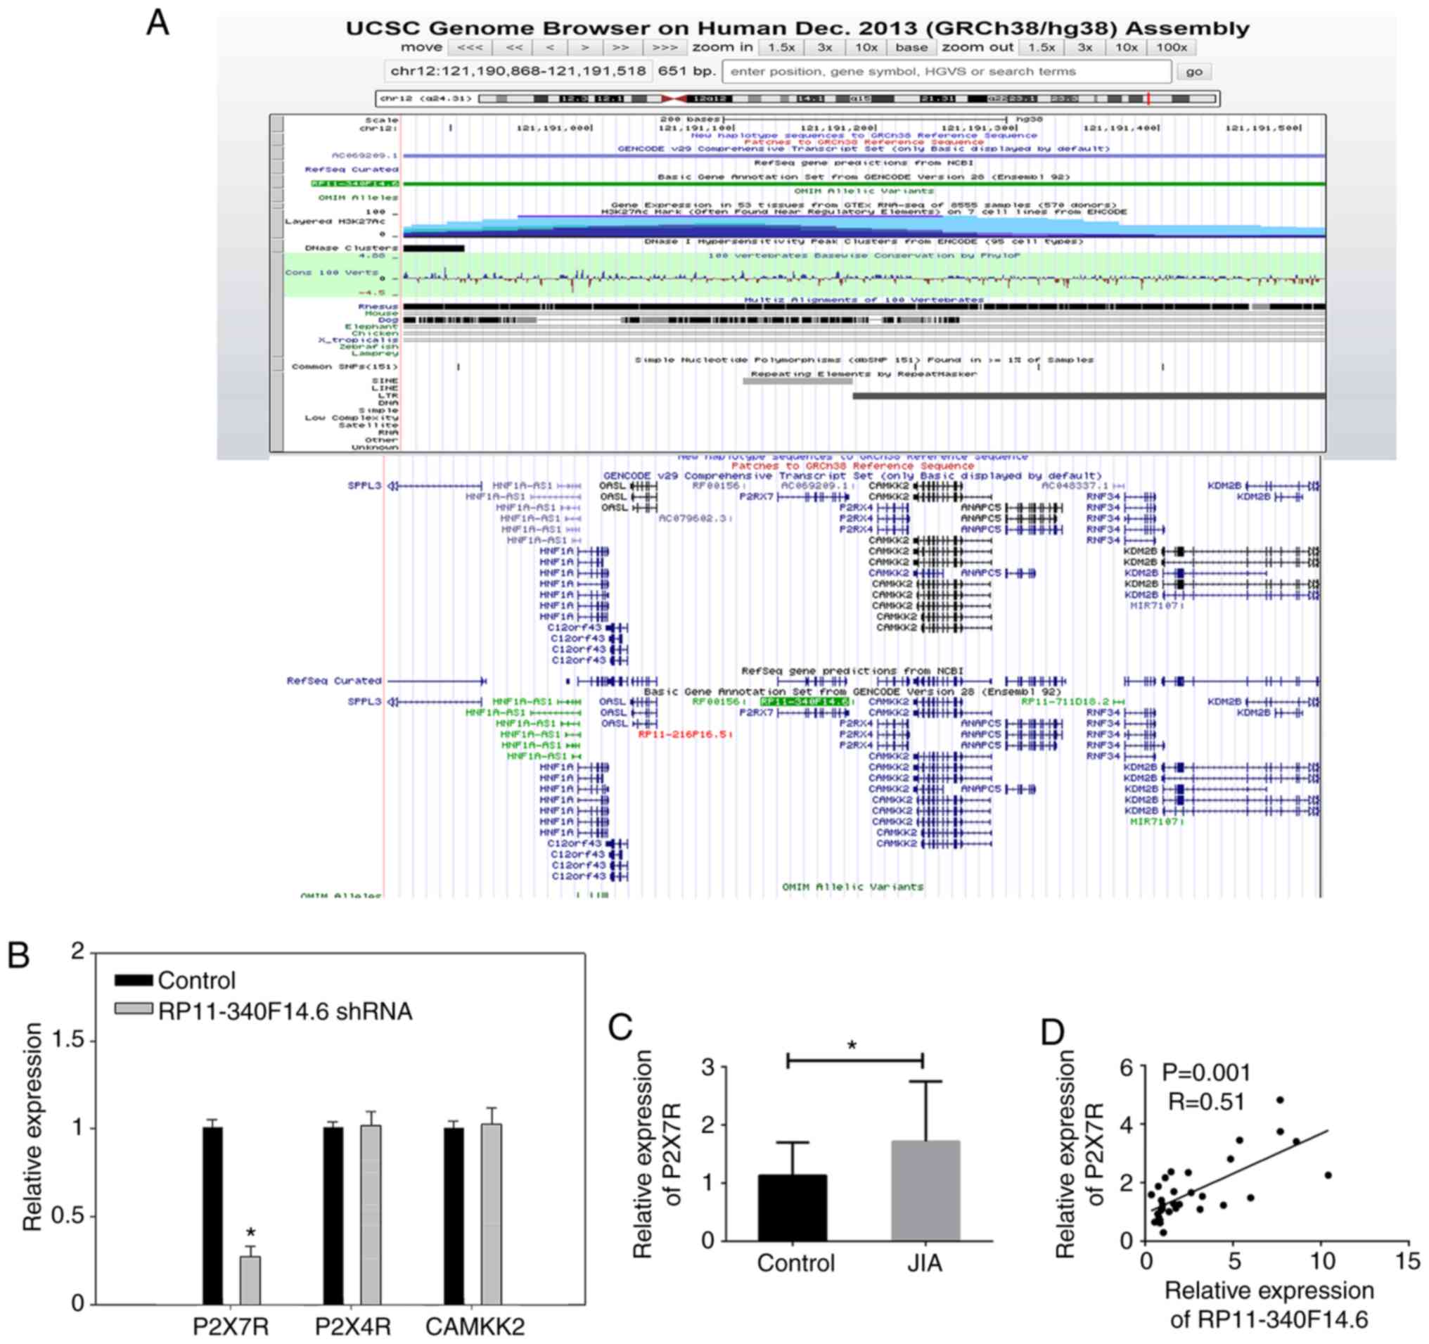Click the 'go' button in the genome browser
pos(1194,71)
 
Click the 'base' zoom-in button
pos(911,47)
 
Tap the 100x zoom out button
pos(1171,47)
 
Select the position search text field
pos(946,71)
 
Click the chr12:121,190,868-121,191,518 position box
pos(518,71)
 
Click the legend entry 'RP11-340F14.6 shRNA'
pos(285,1011)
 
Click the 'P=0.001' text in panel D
pos(1207,1073)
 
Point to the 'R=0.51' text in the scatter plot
pos(1206,1101)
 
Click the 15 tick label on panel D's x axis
pos(1407,1261)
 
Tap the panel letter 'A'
pos(158,23)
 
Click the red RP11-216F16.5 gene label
pos(685,734)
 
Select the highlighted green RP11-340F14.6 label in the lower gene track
pos(805,701)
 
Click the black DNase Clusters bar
pos(433,248)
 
